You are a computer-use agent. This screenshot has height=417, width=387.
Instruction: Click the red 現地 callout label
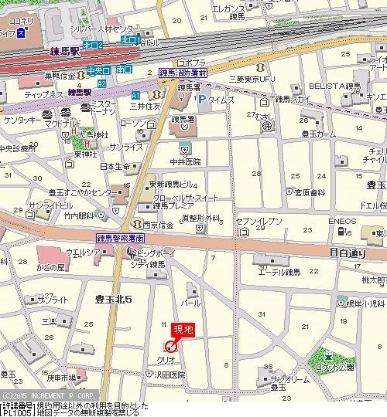click(x=184, y=329)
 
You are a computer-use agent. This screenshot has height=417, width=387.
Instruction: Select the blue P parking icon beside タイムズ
click(x=201, y=100)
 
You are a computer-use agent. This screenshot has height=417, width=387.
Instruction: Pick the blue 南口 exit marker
click(x=122, y=69)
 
